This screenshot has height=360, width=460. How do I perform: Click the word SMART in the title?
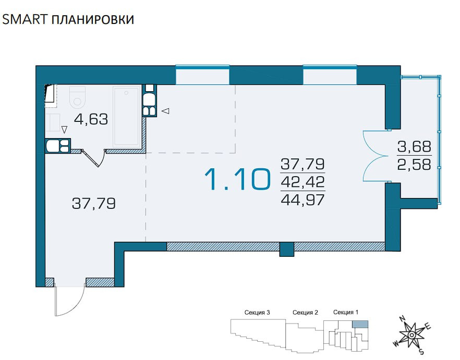(x=24, y=19)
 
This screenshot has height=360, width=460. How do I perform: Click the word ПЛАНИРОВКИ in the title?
(x=93, y=19)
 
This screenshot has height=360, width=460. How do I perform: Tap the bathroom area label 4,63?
(x=91, y=119)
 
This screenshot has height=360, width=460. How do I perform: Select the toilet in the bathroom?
(x=77, y=96)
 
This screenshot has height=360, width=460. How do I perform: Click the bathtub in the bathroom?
(x=126, y=117)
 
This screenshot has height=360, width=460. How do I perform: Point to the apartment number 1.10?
(x=237, y=179)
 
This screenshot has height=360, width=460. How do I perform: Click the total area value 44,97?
(x=302, y=200)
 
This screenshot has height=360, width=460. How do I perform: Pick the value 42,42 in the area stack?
(x=302, y=182)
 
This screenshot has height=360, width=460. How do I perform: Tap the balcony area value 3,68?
(x=414, y=146)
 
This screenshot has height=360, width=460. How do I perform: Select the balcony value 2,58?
(x=414, y=164)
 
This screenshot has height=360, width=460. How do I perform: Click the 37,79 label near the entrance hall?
(x=94, y=203)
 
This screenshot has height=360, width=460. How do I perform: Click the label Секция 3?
(x=257, y=313)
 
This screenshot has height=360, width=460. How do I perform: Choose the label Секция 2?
(x=305, y=313)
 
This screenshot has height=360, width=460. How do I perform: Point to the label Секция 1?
(x=346, y=313)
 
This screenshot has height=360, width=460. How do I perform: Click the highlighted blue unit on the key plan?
(x=360, y=324)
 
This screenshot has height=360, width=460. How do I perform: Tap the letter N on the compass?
(x=403, y=319)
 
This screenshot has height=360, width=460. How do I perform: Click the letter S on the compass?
(x=421, y=352)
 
